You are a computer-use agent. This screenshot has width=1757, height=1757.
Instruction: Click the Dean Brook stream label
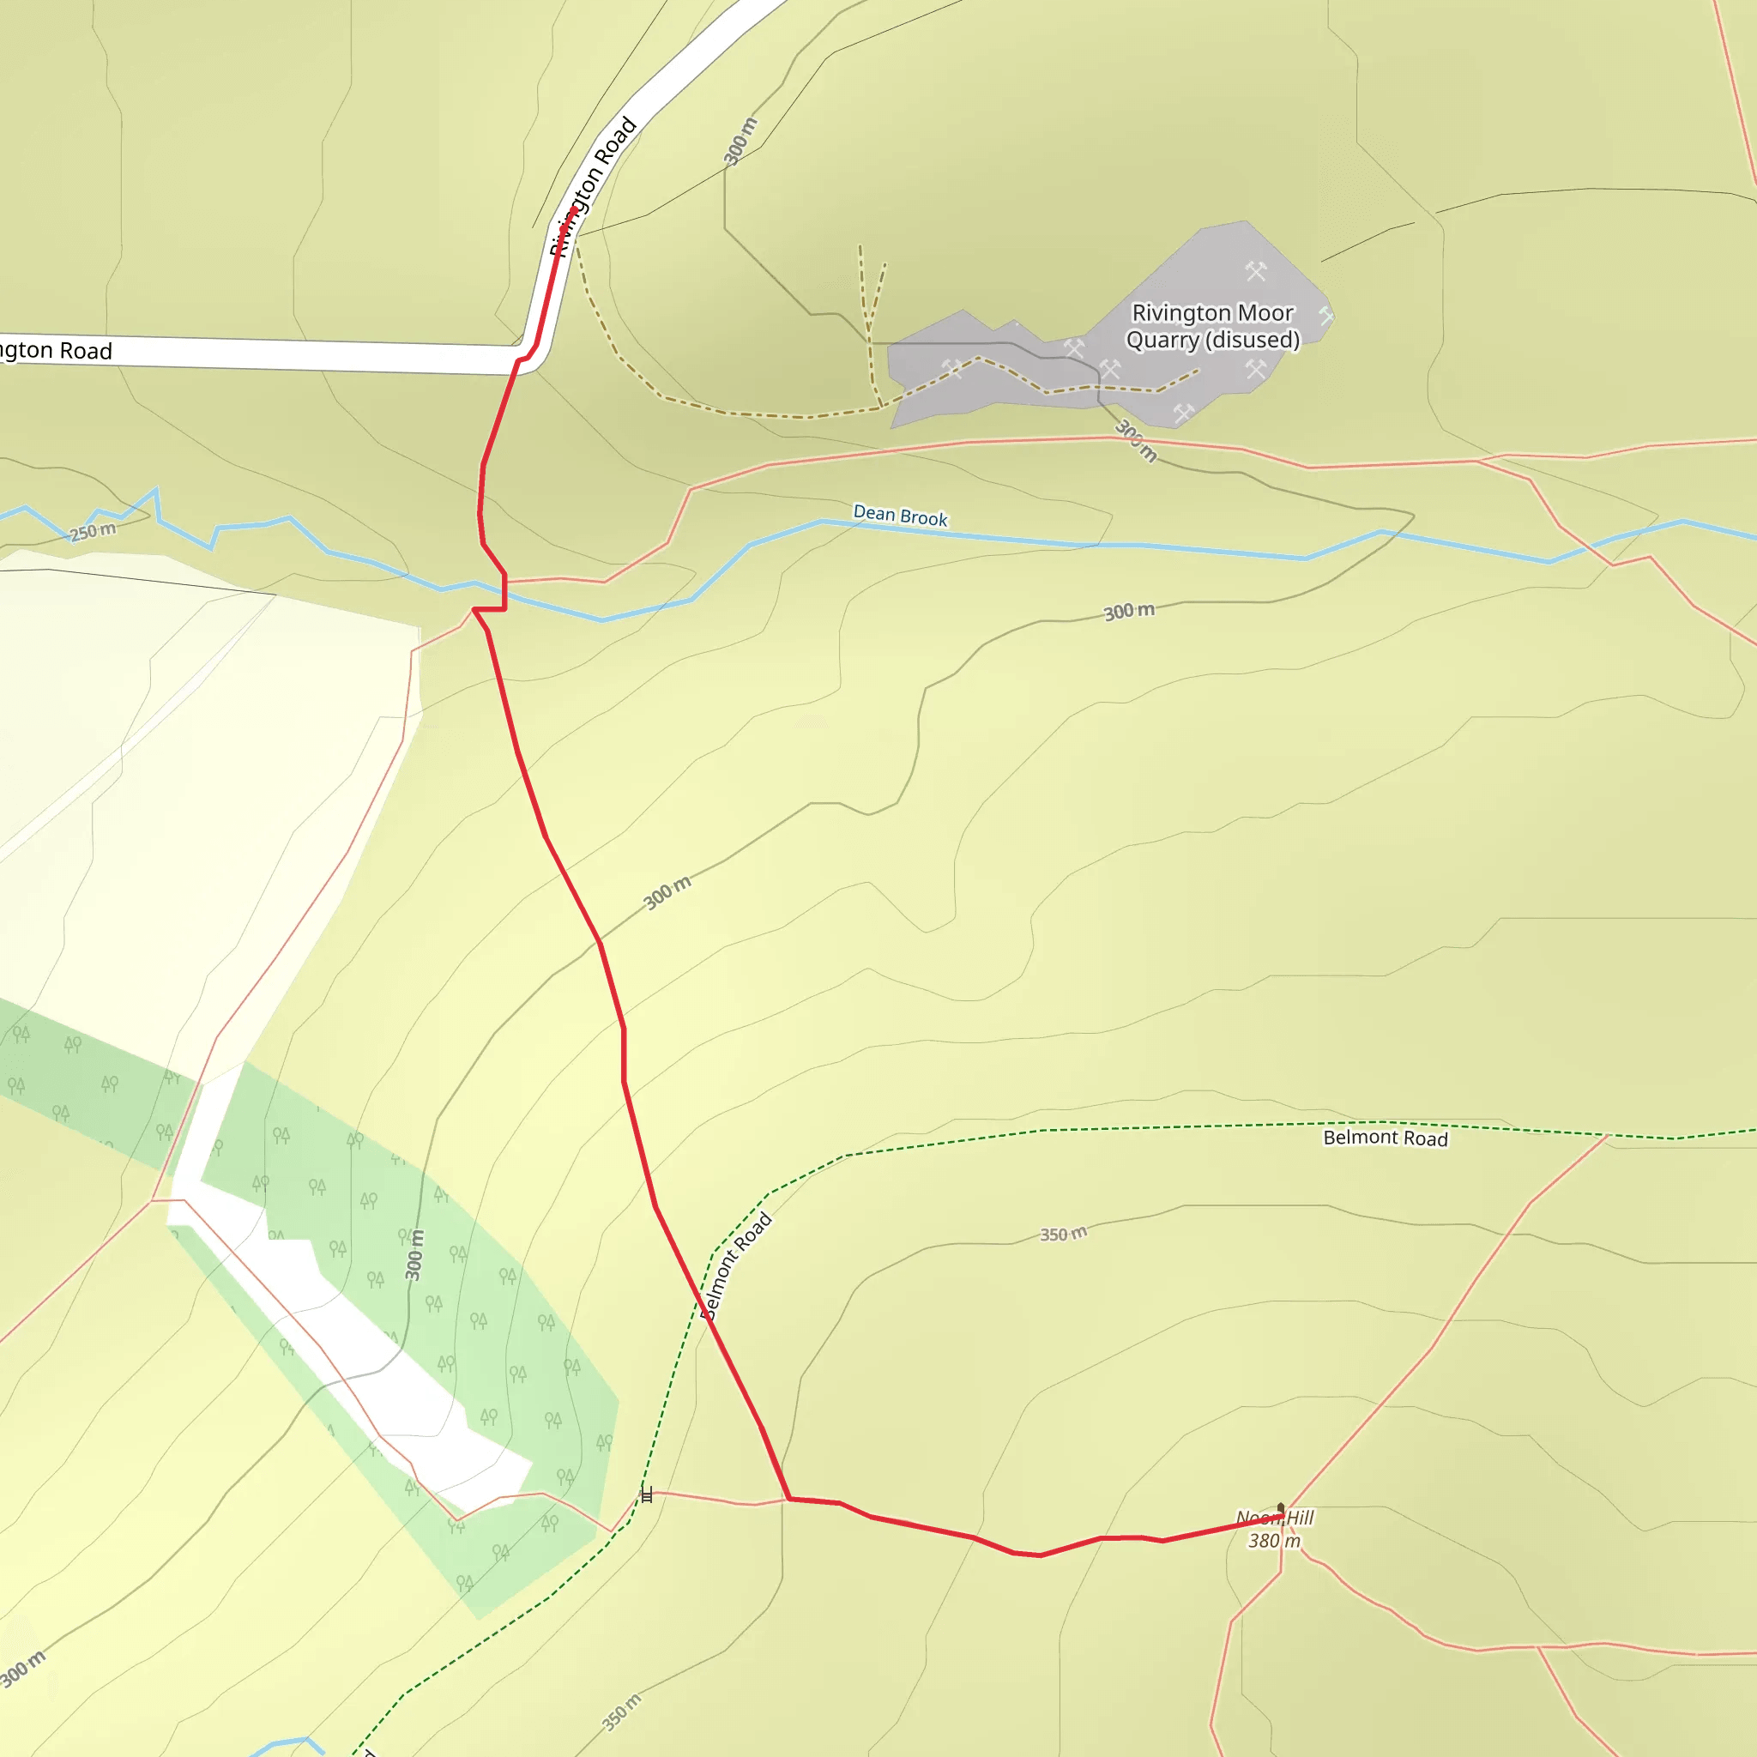(899, 516)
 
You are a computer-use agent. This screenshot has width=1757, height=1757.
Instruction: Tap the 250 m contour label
(94, 531)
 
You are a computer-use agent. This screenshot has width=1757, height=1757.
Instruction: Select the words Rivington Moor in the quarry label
(1211, 313)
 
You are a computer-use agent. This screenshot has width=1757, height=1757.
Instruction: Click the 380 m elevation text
(1274, 1541)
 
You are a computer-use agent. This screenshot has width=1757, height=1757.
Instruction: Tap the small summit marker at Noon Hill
(1281, 1506)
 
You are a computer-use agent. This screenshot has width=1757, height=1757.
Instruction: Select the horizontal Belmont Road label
(1385, 1138)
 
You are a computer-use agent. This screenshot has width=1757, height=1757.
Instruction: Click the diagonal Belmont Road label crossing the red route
(737, 1265)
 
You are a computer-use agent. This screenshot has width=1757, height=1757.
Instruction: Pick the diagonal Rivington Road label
(592, 186)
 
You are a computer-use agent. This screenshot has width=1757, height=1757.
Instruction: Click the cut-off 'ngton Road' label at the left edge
(55, 350)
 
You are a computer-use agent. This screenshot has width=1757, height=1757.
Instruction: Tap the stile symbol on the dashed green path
(647, 1495)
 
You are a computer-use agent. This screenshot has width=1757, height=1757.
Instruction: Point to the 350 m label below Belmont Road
(1063, 1234)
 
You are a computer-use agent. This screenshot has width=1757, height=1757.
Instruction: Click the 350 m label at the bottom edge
(621, 1712)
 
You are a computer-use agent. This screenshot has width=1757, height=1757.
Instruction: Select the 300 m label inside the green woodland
(414, 1255)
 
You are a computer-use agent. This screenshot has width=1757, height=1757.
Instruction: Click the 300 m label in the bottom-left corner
(23, 1668)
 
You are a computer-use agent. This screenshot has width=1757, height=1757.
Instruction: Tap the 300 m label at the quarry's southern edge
(1137, 440)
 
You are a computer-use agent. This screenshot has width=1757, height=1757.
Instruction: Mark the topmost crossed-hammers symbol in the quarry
(1256, 270)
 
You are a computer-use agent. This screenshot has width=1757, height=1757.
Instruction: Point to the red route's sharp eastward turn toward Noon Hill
(788, 1499)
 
